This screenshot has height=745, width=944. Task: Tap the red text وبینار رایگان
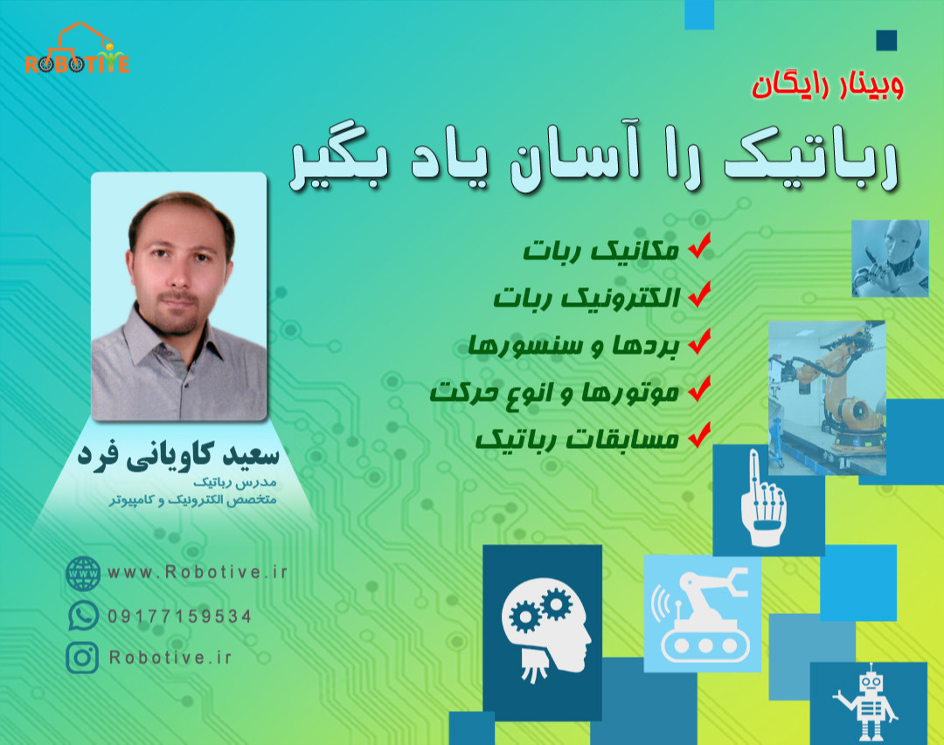pyautogui.click(x=826, y=86)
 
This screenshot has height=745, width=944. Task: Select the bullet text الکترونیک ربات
pyautogui.click(x=587, y=297)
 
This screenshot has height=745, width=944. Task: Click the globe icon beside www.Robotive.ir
pyautogui.click(x=83, y=573)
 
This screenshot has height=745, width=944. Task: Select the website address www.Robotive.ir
pyautogui.click(x=197, y=573)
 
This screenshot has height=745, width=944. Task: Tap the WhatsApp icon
pyautogui.click(x=83, y=615)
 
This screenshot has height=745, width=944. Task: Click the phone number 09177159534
pyautogui.click(x=180, y=616)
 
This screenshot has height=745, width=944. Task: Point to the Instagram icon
pyautogui.click(x=83, y=657)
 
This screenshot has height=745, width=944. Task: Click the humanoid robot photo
pyautogui.click(x=889, y=258)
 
